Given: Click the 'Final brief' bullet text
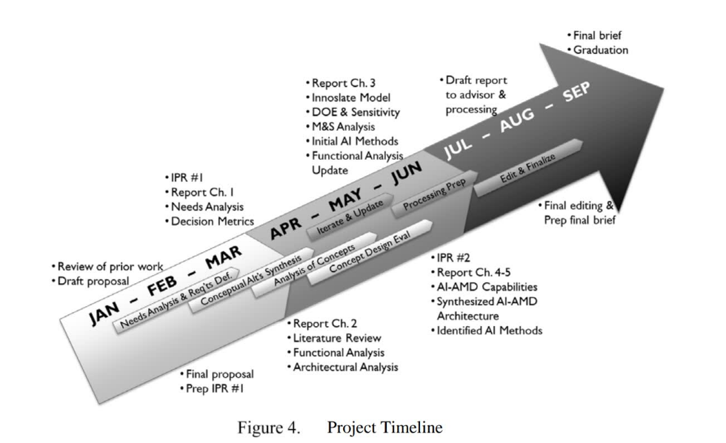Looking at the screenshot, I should click(598, 35).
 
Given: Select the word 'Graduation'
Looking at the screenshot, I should click(601, 50).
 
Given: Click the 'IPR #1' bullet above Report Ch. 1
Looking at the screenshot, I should click(190, 178).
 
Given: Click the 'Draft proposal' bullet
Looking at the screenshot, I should click(93, 281).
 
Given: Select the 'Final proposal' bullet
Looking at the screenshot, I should click(221, 373).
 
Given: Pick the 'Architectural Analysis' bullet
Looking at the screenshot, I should click(345, 367).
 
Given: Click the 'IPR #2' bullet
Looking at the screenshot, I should click(456, 258).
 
